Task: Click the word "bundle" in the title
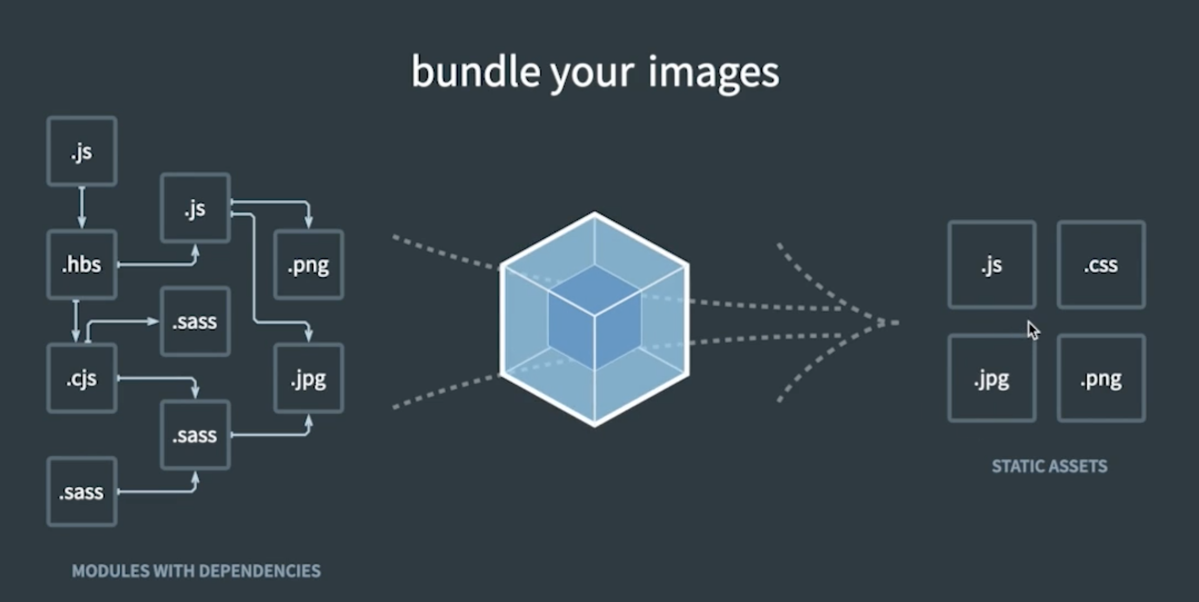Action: pyautogui.click(x=475, y=72)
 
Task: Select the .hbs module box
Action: pyautogui.click(x=82, y=265)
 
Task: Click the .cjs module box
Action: pyautogui.click(x=82, y=378)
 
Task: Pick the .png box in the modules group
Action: pyautogui.click(x=308, y=265)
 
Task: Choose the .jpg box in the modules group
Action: pyautogui.click(x=308, y=378)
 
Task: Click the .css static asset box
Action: pyautogui.click(x=1101, y=265)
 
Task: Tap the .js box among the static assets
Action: pyautogui.click(x=992, y=265)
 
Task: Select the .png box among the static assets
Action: pyautogui.click(x=1101, y=378)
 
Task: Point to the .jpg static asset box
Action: pyautogui.click(x=992, y=378)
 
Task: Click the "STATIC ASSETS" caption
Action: pyautogui.click(x=1049, y=466)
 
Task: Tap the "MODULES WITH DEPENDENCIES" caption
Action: pyautogui.click(x=196, y=571)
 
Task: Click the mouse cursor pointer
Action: pyautogui.click(x=1032, y=330)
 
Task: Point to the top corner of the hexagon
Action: pyautogui.click(x=595, y=213)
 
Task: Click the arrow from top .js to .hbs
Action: pyautogui.click(x=82, y=208)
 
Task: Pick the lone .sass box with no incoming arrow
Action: pyautogui.click(x=82, y=492)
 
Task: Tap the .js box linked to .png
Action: pyautogui.click(x=195, y=208)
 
